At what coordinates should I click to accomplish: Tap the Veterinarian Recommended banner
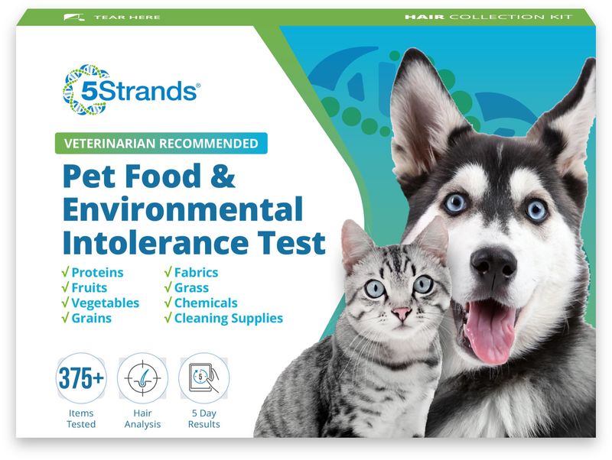[x=161, y=142]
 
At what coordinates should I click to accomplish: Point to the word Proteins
[x=97, y=273]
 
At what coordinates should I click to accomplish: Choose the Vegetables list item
[x=106, y=303]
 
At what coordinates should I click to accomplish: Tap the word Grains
[x=92, y=318]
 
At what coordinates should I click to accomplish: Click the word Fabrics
[x=195, y=273]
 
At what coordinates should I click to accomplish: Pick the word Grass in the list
[x=191, y=288]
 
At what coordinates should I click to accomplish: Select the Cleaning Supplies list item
[x=228, y=318]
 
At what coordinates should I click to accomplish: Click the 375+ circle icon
[x=80, y=378]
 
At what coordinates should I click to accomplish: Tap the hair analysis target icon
[x=142, y=378]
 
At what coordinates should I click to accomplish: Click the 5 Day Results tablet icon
[x=203, y=378]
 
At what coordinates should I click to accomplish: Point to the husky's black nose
[x=494, y=262]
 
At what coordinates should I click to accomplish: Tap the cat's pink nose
[x=401, y=314]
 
